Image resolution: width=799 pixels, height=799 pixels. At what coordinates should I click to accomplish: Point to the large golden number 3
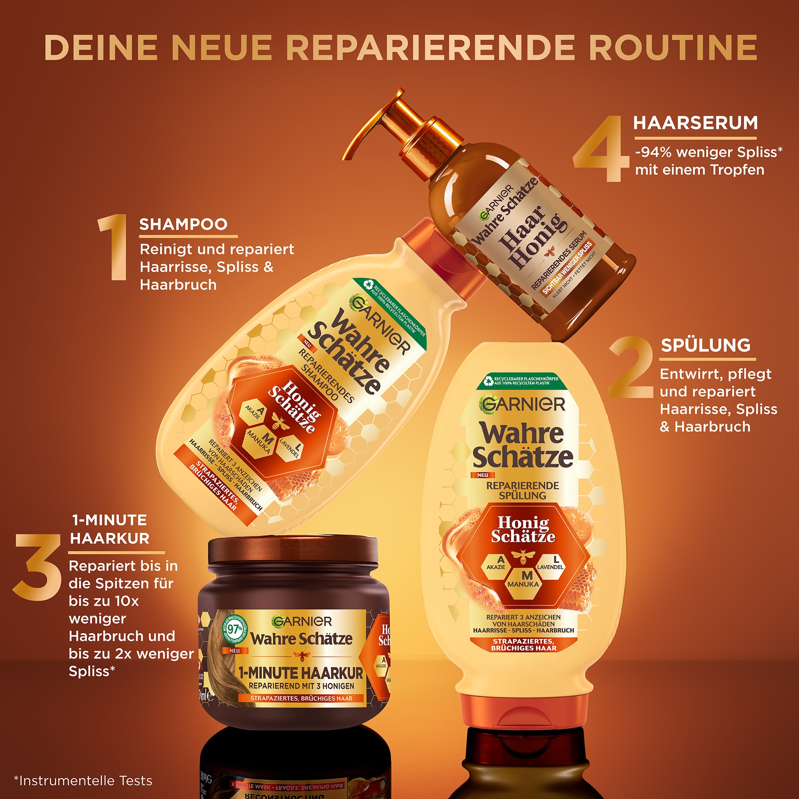pyautogui.click(x=37, y=567)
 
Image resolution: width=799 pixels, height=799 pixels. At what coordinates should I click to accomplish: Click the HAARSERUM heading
pyautogui.click(x=696, y=123)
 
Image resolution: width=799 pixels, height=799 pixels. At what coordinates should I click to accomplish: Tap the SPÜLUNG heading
pyautogui.click(x=706, y=345)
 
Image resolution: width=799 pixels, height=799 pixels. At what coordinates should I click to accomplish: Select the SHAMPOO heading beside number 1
pyautogui.click(x=183, y=224)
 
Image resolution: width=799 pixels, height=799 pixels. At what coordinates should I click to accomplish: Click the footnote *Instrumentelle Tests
pyautogui.click(x=83, y=781)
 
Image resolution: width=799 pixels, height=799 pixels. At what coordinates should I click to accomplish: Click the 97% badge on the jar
pyautogui.click(x=235, y=630)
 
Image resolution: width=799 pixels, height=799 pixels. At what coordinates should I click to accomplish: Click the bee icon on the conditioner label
pyautogui.click(x=523, y=558)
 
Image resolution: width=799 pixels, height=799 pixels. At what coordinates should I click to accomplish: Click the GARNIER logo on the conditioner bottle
pyautogui.click(x=522, y=404)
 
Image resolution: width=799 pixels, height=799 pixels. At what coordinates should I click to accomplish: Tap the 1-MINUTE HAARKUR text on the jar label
pyautogui.click(x=301, y=673)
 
